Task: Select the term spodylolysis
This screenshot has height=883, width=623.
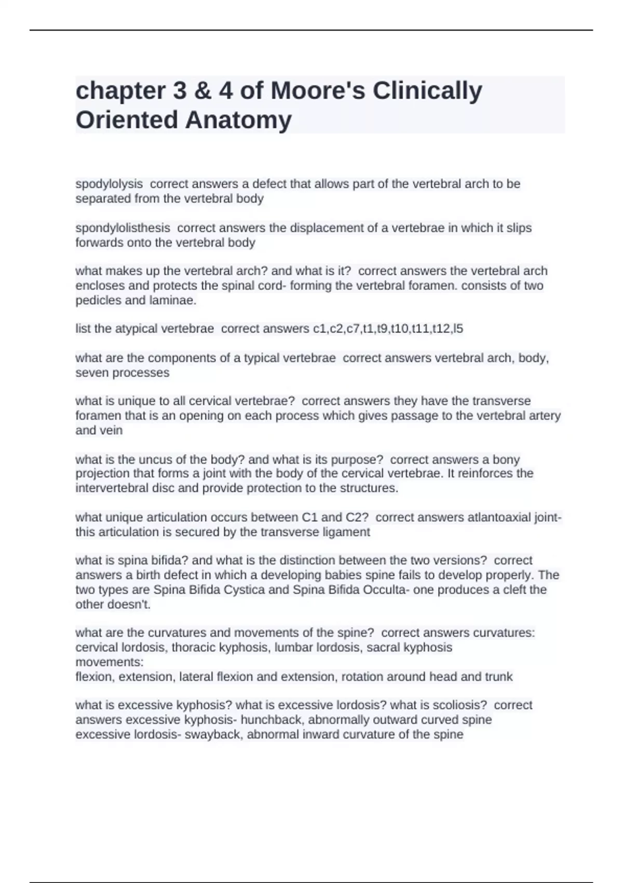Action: pos(109,184)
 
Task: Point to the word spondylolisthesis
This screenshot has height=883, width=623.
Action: pos(123,228)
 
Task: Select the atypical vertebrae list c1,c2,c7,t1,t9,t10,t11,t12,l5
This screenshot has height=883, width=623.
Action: pos(388,329)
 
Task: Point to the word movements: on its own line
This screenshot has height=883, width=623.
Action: pos(110,662)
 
